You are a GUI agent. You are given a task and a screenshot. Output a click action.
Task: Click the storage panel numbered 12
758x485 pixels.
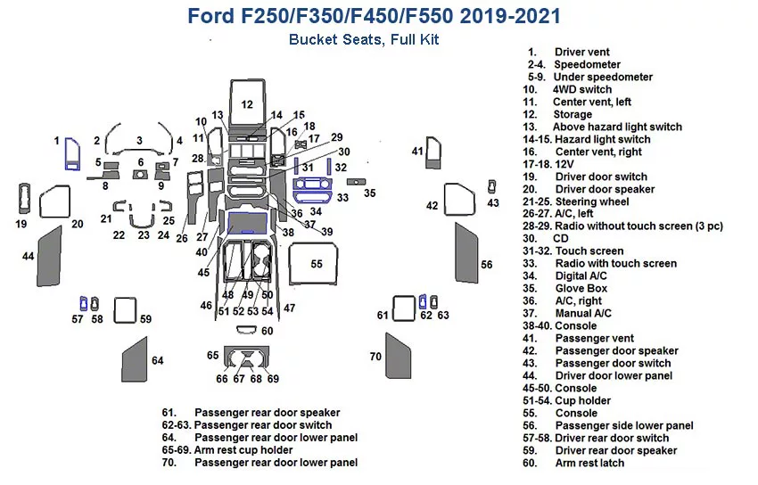click(246, 105)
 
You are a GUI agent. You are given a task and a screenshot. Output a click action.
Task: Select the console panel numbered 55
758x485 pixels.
click(317, 265)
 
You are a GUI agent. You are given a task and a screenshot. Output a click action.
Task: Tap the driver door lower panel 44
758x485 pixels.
click(48, 256)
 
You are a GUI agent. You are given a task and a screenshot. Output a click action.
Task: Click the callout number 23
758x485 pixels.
click(144, 235)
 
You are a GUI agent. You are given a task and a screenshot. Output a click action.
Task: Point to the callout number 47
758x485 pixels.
click(289, 308)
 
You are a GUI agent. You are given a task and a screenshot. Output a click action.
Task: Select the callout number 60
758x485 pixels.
click(268, 331)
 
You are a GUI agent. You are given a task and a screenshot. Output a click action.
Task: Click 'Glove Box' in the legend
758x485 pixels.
click(581, 289)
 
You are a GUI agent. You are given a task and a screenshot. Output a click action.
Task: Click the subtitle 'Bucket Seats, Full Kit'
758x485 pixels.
click(363, 40)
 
